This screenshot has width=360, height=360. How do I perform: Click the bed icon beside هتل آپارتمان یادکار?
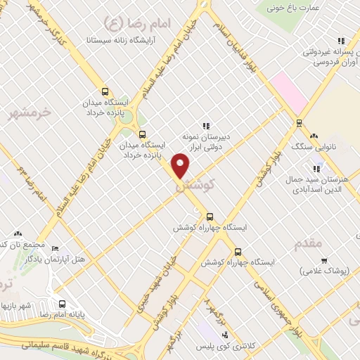(56, 248)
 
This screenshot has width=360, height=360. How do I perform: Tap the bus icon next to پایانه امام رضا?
(63, 304)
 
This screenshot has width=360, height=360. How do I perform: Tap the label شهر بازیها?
(18, 306)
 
